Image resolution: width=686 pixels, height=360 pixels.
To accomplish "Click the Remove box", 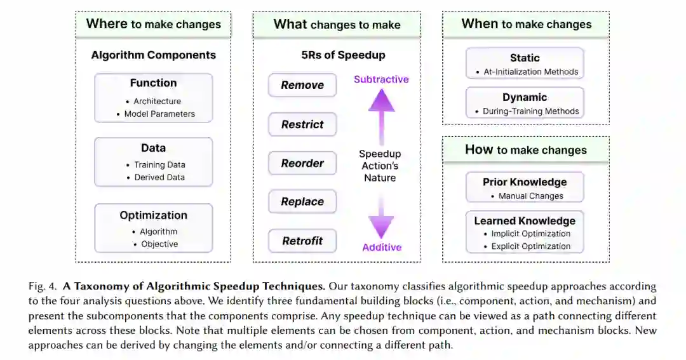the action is [x=302, y=85].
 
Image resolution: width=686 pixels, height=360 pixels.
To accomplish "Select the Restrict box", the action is [x=302, y=124].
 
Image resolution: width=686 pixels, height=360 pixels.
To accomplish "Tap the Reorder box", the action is [x=302, y=163].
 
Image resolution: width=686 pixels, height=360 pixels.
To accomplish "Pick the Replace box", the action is [x=302, y=202].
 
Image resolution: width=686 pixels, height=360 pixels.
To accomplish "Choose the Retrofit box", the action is [x=302, y=241].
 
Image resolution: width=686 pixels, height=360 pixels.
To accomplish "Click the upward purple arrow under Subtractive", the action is [x=381, y=114].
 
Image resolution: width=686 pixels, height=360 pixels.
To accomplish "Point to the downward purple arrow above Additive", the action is [x=381, y=216].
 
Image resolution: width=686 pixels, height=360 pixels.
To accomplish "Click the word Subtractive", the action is [x=381, y=79].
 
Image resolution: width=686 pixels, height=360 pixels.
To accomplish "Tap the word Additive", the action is [x=382, y=247].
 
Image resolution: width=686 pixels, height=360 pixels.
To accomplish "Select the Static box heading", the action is [x=525, y=58].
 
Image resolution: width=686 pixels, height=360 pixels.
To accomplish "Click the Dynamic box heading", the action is [x=525, y=97].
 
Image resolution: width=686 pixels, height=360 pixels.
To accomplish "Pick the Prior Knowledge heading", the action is [x=525, y=182].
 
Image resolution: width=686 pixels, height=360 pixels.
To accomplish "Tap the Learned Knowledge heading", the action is [x=525, y=221].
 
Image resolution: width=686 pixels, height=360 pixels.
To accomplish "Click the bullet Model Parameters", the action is [x=159, y=114].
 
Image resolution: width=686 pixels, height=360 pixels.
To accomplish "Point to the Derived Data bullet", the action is [x=159, y=178].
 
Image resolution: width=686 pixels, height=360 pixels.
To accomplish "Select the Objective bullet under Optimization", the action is [x=159, y=244].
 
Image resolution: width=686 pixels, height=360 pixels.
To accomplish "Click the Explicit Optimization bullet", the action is [x=531, y=246].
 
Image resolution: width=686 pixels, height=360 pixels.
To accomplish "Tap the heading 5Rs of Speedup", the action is [x=343, y=55].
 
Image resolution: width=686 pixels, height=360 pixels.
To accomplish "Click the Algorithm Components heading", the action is [x=153, y=55].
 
